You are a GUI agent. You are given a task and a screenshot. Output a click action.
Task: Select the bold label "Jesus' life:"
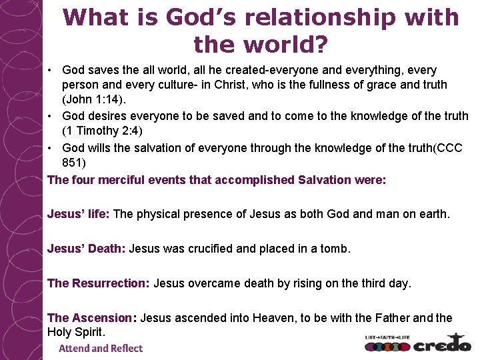79,214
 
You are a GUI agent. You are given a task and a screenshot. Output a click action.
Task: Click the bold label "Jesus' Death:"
86,249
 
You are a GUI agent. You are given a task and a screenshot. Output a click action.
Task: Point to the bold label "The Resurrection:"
98,283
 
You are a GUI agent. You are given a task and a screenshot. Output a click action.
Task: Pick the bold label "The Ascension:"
91,318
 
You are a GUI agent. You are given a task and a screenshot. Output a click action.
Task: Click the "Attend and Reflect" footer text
101,348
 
